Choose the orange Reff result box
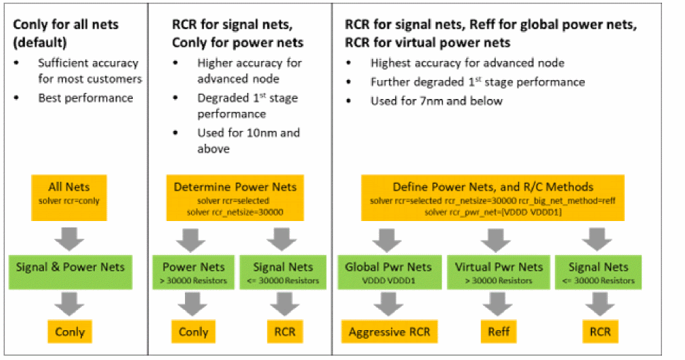pyautogui.click(x=498, y=332)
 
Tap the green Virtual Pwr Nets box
pyautogui.click(x=498, y=271)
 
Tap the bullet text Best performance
pyautogui.click(x=85, y=98)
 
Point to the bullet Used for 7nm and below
pyautogui.click(x=436, y=100)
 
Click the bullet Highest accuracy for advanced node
pyautogui.click(x=468, y=63)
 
